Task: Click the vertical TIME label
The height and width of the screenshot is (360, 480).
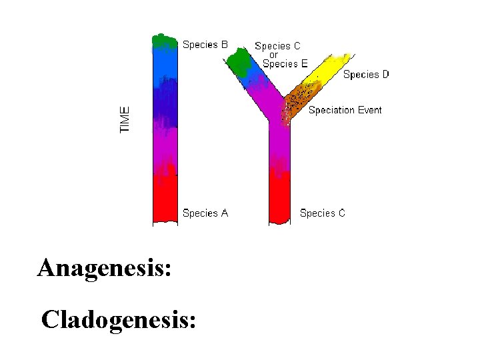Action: pyautogui.click(x=125, y=119)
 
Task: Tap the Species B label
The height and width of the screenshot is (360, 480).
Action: pyautogui.click(x=205, y=45)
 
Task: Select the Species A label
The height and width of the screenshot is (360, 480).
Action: pyautogui.click(x=205, y=213)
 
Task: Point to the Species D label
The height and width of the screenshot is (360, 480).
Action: pyautogui.click(x=366, y=75)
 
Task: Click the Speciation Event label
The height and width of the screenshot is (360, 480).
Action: pyautogui.click(x=345, y=110)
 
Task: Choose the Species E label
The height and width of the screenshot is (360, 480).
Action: pyautogui.click(x=285, y=64)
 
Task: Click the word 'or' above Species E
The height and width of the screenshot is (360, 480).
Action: pyautogui.click(x=273, y=55)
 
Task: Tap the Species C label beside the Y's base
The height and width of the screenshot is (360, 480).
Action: pyautogui.click(x=323, y=213)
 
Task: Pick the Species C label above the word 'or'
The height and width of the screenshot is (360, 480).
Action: pyautogui.click(x=277, y=46)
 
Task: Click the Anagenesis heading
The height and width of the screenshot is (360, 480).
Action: pyautogui.click(x=105, y=268)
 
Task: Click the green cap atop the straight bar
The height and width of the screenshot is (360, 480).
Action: pyautogui.click(x=165, y=41)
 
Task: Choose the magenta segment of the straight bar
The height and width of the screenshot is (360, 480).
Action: pyautogui.click(x=165, y=150)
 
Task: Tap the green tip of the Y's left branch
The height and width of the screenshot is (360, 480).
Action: pyautogui.click(x=238, y=63)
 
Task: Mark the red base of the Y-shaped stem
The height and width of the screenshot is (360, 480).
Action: pyautogui.click(x=279, y=200)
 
